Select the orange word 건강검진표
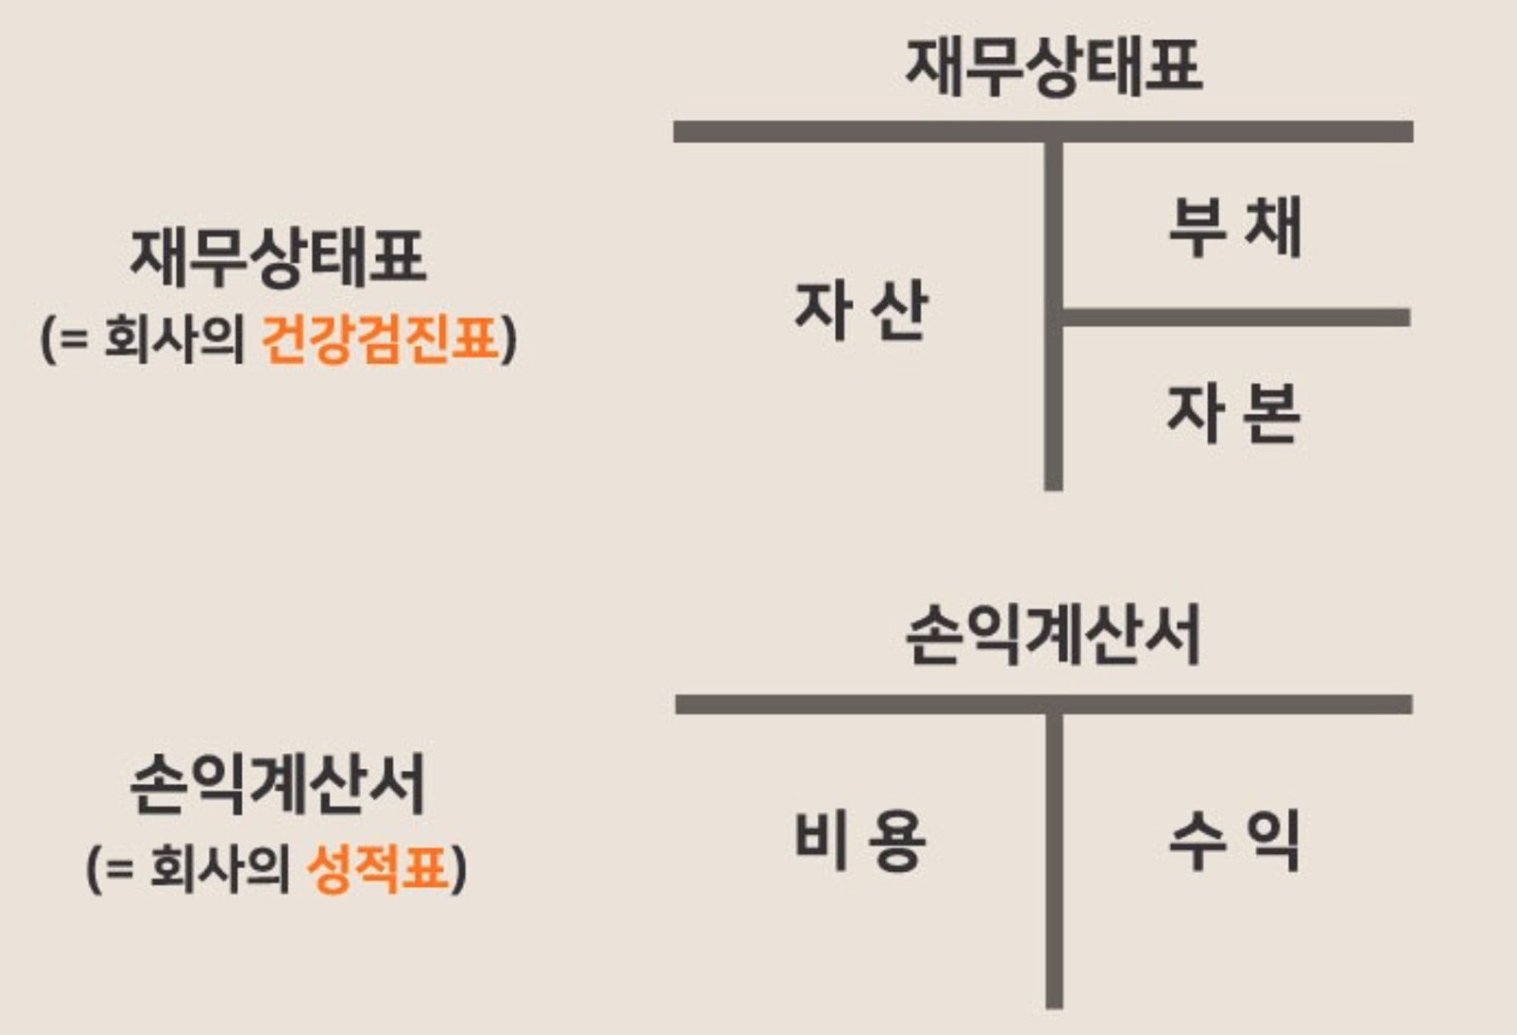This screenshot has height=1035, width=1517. (380, 339)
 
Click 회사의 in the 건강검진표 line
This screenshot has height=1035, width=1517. (174, 339)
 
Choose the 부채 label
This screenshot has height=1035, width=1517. (1235, 227)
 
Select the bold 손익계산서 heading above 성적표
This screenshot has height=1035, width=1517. (278, 785)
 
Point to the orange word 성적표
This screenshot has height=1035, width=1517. (377, 868)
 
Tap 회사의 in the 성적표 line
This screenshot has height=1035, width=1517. (220, 868)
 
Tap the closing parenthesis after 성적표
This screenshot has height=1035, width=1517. (459, 870)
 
